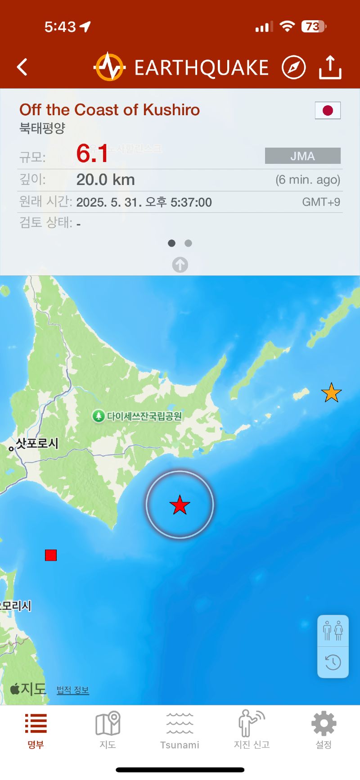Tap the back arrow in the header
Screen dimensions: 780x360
point(22,67)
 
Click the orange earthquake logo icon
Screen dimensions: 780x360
point(109,67)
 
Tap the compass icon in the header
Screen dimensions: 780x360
point(293,68)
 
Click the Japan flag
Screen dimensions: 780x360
point(328,110)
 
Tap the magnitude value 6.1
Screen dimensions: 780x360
point(92,153)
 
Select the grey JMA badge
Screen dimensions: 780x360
point(302,156)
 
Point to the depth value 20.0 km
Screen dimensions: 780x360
point(105,180)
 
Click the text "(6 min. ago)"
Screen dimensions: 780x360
point(308,180)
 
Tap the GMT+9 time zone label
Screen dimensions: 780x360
point(321,202)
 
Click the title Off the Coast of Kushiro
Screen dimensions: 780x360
point(109,110)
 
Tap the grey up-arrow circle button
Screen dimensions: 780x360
point(180,265)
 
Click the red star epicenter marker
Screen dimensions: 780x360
point(180,505)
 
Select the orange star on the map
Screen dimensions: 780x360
point(331,393)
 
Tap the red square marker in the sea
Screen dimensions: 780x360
point(51,555)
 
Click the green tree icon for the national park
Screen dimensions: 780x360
point(98,416)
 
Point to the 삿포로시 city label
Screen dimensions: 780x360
point(37,443)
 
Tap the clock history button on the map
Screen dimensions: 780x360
point(333,662)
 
